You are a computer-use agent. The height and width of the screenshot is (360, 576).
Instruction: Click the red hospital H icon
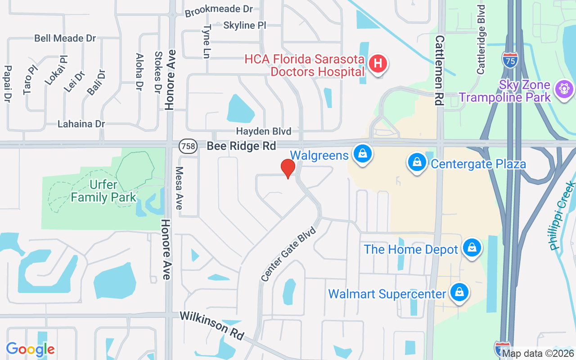pyautogui.click(x=378, y=63)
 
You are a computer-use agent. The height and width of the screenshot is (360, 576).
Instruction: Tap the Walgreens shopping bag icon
pyautogui.click(x=361, y=154)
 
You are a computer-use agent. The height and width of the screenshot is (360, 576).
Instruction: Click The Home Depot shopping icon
pyautogui.click(x=472, y=248)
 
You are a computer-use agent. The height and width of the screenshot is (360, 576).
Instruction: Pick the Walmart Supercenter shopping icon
pyautogui.click(x=459, y=292)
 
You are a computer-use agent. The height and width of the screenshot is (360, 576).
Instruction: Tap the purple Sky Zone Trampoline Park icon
pyautogui.click(x=563, y=89)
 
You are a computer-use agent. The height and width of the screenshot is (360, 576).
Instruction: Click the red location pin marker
pyautogui.click(x=288, y=168)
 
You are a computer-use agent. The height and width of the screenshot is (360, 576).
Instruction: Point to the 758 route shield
pyautogui.click(x=187, y=146)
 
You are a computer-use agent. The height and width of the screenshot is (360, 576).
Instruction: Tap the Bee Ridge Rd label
pyautogui.click(x=241, y=146)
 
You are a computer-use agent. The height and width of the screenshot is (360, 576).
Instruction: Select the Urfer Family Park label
pyautogui.click(x=103, y=191)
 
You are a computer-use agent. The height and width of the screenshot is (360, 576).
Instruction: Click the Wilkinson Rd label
pyautogui.click(x=212, y=325)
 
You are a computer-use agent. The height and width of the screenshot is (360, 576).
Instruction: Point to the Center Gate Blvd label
pyautogui.click(x=288, y=255)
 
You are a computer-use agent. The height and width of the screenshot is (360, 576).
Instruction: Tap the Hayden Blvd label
pyautogui.click(x=264, y=131)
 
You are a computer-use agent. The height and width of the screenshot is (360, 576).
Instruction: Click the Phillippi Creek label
pyautogui.click(x=562, y=216)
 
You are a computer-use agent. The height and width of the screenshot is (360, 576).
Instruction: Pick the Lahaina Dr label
pyautogui.click(x=81, y=124)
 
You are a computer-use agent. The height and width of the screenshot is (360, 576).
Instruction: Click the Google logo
pyautogui.click(x=30, y=349)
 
